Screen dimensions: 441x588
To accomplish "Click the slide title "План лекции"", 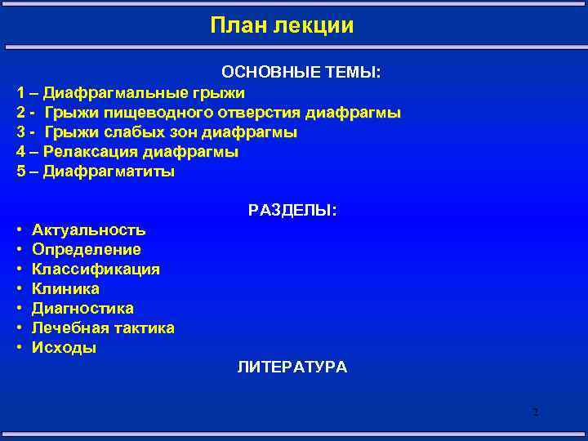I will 282,26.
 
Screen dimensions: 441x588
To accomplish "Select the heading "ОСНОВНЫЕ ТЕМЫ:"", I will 301,73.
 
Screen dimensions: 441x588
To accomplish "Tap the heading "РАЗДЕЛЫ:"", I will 292,211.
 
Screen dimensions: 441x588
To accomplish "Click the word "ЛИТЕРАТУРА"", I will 292,367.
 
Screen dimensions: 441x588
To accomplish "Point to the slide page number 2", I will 535,412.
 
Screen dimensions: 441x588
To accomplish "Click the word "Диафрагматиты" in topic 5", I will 109,171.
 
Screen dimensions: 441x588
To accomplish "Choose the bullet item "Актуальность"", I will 88,230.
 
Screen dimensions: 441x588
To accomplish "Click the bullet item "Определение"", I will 86,250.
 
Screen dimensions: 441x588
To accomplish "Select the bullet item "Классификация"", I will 96,269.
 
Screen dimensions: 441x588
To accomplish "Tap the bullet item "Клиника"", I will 65,289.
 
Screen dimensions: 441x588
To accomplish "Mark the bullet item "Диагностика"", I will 82,309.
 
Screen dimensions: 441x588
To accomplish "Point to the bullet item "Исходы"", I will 64,348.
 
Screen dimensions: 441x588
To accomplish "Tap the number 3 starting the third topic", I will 20,132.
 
